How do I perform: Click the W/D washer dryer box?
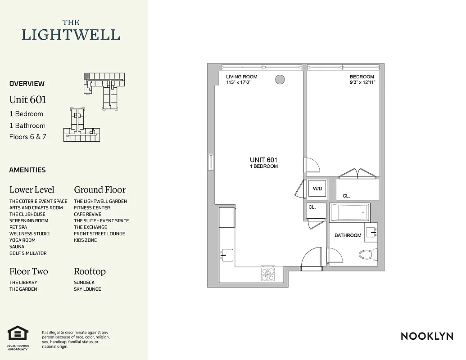tap(317, 189)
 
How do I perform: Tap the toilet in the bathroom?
tap(368, 255)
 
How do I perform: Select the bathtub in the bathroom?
tap(350, 212)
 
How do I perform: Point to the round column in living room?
tap(280, 80)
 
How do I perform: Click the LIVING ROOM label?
tap(241, 77)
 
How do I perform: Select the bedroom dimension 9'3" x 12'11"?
tap(362, 83)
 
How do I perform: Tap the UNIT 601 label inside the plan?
tap(263, 160)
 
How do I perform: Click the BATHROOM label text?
tap(348, 235)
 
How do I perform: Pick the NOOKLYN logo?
tap(427, 336)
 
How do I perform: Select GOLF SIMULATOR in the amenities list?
tap(28, 253)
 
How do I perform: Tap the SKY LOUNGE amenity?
tap(87, 289)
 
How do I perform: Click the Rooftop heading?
tap(90, 271)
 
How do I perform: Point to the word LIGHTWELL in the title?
tap(71, 35)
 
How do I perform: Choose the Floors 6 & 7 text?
tap(27, 137)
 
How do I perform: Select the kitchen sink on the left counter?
tap(226, 255)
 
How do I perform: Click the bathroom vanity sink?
tap(371, 233)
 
